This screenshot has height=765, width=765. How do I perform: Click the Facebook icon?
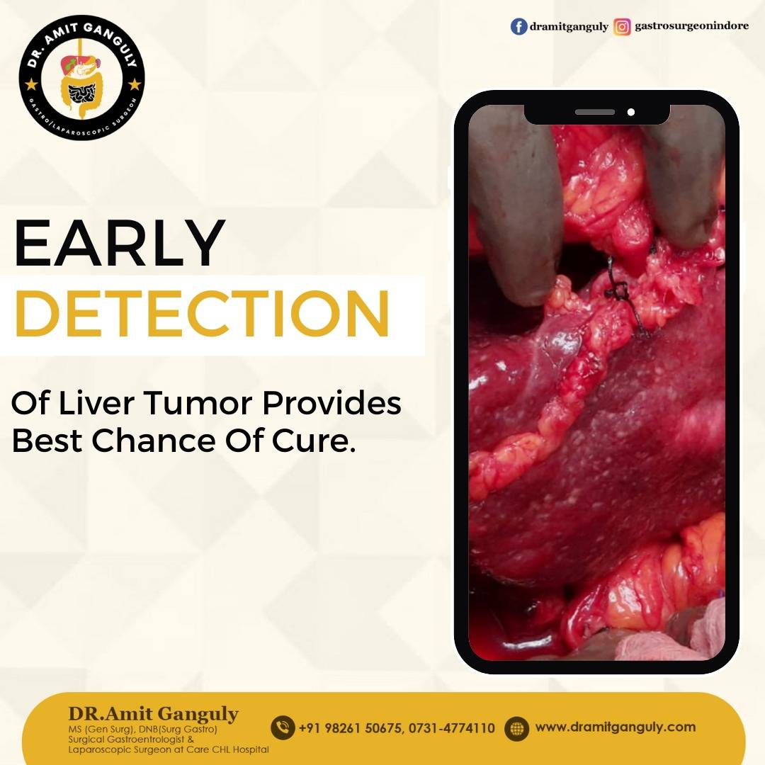[518, 26]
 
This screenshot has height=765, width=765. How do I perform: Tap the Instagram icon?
[622, 26]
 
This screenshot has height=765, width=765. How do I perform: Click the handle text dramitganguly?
[569, 27]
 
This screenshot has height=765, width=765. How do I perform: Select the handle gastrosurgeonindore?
[691, 26]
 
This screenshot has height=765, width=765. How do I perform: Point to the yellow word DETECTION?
[203, 313]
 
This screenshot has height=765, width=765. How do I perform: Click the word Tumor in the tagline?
[198, 403]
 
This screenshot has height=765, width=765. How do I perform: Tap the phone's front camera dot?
[631, 112]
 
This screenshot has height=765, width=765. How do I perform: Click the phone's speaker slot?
[595, 112]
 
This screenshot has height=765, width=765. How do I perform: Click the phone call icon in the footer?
[283, 728]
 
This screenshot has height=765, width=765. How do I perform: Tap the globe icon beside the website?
[516, 728]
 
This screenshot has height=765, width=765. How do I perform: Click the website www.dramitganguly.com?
[616, 727]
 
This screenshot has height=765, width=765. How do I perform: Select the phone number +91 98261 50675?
[351, 728]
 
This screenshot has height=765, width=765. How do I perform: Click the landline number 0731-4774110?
[452, 728]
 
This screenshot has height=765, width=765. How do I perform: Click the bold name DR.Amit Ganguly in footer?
[153, 714]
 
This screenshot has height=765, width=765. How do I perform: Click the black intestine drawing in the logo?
[81, 93]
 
